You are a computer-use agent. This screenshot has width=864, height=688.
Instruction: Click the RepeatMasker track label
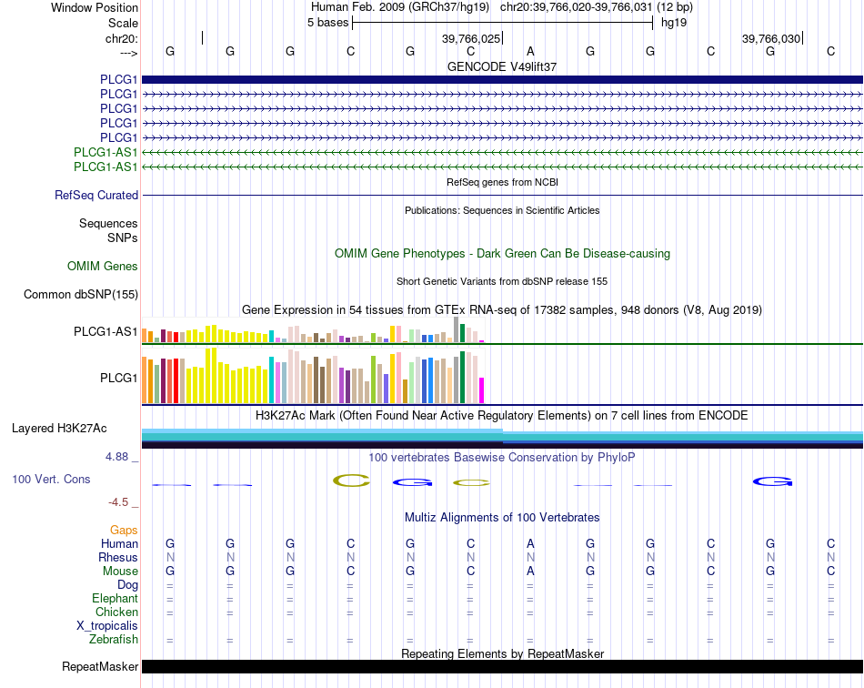tap(100, 667)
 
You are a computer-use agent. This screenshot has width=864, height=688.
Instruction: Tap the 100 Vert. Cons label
tap(51, 479)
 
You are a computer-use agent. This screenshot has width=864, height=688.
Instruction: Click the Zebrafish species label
tap(116, 640)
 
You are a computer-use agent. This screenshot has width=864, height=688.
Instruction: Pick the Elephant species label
tap(115, 599)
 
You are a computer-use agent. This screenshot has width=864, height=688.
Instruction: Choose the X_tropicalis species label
tap(107, 626)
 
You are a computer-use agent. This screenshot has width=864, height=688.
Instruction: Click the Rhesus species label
tap(118, 557)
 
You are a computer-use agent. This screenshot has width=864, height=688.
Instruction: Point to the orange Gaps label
tap(124, 530)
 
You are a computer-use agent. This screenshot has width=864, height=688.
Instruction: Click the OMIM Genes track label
tap(103, 267)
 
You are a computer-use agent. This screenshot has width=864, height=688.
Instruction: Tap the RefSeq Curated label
tap(96, 196)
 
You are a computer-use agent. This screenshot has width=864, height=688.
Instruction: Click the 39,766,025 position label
tap(471, 38)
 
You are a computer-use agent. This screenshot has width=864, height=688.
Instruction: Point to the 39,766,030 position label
tap(771, 38)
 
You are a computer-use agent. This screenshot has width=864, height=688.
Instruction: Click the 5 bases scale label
tap(327, 23)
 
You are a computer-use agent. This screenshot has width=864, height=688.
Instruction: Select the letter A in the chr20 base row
tap(530, 51)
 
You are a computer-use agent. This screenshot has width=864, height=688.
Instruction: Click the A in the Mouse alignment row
tap(530, 571)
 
